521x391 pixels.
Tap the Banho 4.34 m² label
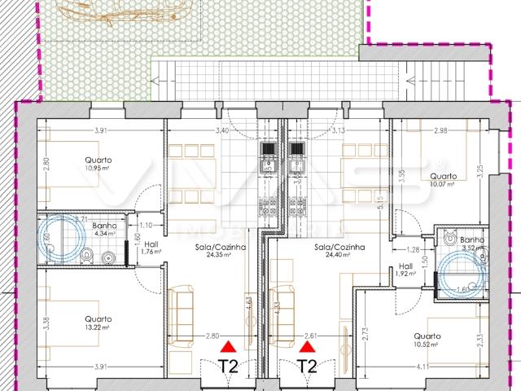coord(104,229)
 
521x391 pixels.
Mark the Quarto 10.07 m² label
coord(443,179)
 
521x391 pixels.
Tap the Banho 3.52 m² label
coord(471,244)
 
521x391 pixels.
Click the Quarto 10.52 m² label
coord(427,340)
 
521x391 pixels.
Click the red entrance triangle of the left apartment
coord(230,347)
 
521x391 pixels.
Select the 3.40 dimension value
coord(221,130)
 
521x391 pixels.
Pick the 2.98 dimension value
coord(440,130)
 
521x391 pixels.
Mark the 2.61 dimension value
coord(310,335)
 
